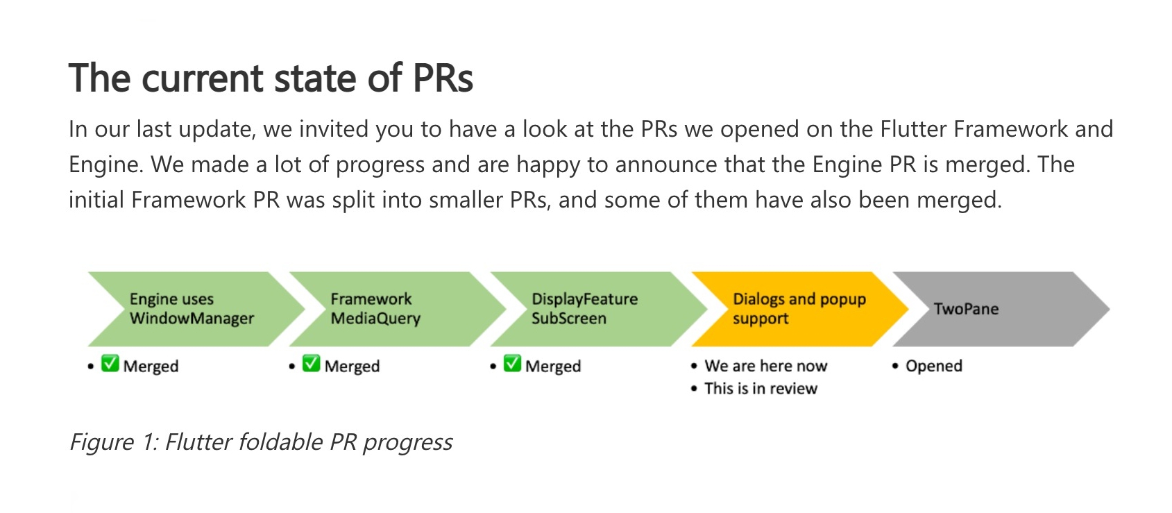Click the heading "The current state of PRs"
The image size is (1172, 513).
(x=271, y=78)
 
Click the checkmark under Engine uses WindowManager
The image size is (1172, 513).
(x=110, y=363)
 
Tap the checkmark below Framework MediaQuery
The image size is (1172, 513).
(x=312, y=363)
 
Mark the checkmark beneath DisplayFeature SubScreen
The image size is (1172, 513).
(x=512, y=363)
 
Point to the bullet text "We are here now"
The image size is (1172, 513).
(x=766, y=366)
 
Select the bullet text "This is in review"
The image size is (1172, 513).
(x=761, y=389)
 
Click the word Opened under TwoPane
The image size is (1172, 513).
(x=934, y=366)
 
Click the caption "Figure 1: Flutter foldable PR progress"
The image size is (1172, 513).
(x=261, y=442)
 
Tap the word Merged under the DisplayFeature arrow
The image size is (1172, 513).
(x=553, y=367)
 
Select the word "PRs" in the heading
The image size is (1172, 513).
(x=443, y=78)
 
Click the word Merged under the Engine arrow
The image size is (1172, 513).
(x=151, y=367)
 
